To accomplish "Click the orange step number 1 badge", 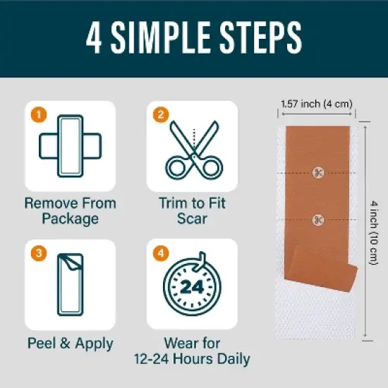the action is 39,114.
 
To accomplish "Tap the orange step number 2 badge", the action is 161,114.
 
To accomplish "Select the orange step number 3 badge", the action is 39,253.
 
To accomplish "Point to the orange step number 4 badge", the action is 161,253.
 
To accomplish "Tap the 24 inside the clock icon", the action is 192,287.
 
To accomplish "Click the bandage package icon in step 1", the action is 71,146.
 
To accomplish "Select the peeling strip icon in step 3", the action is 71,284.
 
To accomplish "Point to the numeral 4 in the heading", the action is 94,37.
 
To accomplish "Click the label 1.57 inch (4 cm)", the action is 317,104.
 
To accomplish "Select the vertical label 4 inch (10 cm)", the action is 374,233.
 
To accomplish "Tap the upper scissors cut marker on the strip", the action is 318,173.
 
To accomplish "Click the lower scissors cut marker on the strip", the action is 318,219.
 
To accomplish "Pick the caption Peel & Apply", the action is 71,344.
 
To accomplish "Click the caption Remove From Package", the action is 71,211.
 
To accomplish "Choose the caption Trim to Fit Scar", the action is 192,211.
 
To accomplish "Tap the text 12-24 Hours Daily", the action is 192,359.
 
